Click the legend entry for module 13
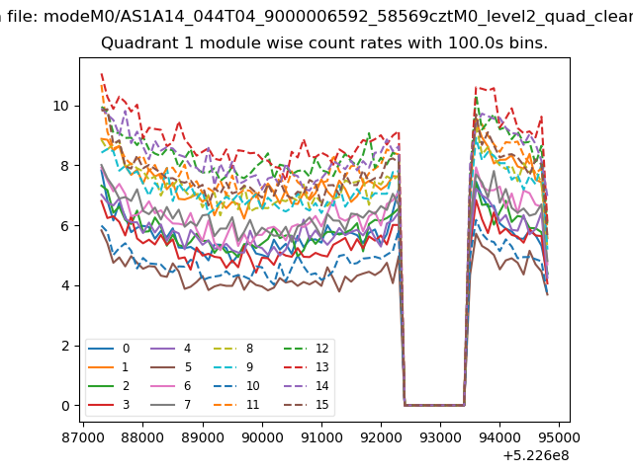click(x=306, y=367)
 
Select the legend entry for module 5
click(x=171, y=367)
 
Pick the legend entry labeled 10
click(x=236, y=386)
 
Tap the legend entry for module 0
click(x=109, y=349)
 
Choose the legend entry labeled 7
click(x=171, y=405)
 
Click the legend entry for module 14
click(x=306, y=386)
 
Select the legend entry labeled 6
click(x=171, y=386)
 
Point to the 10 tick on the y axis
click(x=61, y=106)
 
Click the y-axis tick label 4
click(x=65, y=285)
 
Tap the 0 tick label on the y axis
click(x=65, y=406)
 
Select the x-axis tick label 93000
click(x=440, y=437)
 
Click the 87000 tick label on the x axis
click(x=83, y=437)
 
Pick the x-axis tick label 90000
click(x=262, y=437)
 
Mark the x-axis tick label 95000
click(x=559, y=437)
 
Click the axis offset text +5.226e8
click(x=536, y=456)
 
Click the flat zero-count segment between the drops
click(x=434, y=405)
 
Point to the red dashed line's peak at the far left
click(x=102, y=74)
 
